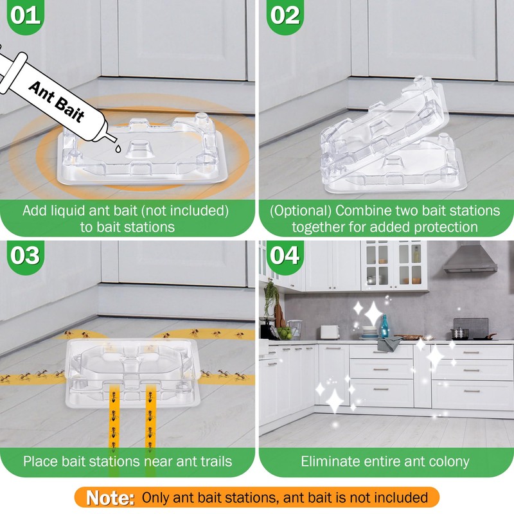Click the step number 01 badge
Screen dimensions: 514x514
[x=25, y=15]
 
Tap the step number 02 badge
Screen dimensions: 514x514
[x=285, y=15]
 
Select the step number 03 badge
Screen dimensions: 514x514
[x=25, y=256]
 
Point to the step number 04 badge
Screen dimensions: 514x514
[x=285, y=256]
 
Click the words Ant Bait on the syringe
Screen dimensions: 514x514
[x=57, y=102]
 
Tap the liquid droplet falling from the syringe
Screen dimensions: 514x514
[x=118, y=148]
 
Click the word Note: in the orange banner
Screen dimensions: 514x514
[x=110, y=498]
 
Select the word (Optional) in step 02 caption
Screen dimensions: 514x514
[x=300, y=211]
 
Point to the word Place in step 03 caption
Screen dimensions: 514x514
[x=40, y=461]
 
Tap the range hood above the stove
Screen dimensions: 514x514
[x=471, y=258]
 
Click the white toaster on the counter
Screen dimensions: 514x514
[x=330, y=332]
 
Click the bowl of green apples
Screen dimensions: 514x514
[x=285, y=333]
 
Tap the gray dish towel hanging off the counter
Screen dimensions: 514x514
[x=389, y=344]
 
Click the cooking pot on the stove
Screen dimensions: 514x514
[x=459, y=333]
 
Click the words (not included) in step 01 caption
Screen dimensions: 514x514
[x=185, y=211]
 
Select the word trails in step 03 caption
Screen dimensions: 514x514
[x=217, y=461]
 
